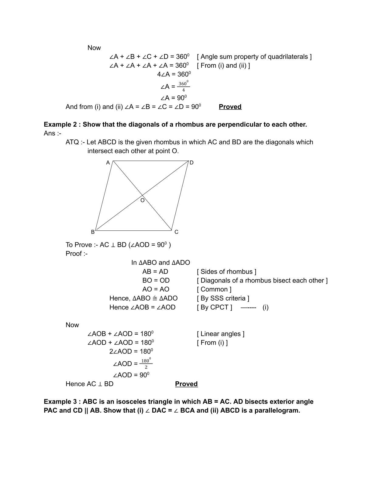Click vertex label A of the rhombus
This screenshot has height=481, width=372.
click(108, 163)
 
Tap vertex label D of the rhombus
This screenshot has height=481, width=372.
click(191, 163)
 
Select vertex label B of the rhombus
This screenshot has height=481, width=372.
click(93, 232)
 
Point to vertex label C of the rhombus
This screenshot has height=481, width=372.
click(176, 232)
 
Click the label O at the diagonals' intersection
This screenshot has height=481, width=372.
click(142, 200)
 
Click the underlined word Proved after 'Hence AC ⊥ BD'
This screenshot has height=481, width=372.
click(186, 384)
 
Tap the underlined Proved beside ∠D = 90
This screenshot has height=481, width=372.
click(230, 107)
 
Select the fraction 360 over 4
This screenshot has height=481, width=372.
click(183, 87)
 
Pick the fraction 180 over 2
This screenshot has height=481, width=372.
click(146, 364)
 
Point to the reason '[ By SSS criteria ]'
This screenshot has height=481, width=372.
click(223, 298)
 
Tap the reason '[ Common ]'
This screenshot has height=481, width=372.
click(214, 289)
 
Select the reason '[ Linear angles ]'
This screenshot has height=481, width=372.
click(221, 334)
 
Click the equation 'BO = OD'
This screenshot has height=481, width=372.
click(156, 280)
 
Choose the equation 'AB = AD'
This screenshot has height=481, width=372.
click(155, 271)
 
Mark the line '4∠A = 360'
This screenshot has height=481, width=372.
click(174, 74)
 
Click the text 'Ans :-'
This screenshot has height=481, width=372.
click(52, 133)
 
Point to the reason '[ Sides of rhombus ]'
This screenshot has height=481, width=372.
click(226, 271)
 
